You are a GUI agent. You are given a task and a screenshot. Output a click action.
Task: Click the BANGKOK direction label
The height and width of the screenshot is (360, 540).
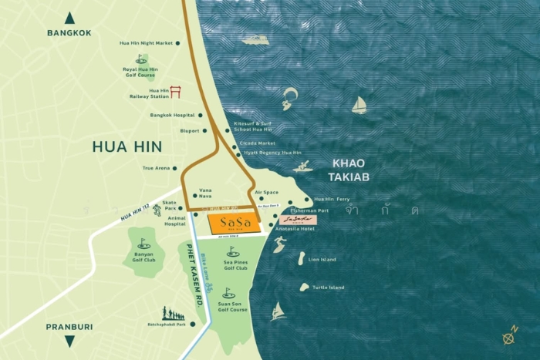coord(69,33)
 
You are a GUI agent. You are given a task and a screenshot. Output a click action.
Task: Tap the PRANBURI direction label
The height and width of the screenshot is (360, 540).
coord(69,326)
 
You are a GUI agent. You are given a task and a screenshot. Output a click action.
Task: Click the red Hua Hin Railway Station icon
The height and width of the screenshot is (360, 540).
coord(175,93)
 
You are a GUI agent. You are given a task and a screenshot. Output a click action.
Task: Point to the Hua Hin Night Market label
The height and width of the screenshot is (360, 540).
coord(146,43)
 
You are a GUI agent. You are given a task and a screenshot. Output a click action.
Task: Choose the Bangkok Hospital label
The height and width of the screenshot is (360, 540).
coord(172,116)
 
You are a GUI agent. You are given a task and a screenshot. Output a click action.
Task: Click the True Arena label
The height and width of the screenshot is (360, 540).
coord(156,168)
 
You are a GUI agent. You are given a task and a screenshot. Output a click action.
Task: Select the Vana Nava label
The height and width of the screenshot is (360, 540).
coord(206,193)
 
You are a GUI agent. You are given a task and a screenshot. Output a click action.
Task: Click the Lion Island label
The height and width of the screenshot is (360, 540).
coord(322,260)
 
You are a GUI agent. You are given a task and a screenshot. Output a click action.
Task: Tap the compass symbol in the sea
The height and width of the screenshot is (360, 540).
coord(509,336)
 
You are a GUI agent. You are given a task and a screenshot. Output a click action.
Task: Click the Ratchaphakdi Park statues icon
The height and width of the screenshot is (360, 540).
coord(173,314)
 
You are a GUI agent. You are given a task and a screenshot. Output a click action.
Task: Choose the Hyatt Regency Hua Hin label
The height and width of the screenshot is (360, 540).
coord(272,153)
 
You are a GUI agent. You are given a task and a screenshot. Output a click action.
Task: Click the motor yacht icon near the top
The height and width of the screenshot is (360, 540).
coord(255,39)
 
